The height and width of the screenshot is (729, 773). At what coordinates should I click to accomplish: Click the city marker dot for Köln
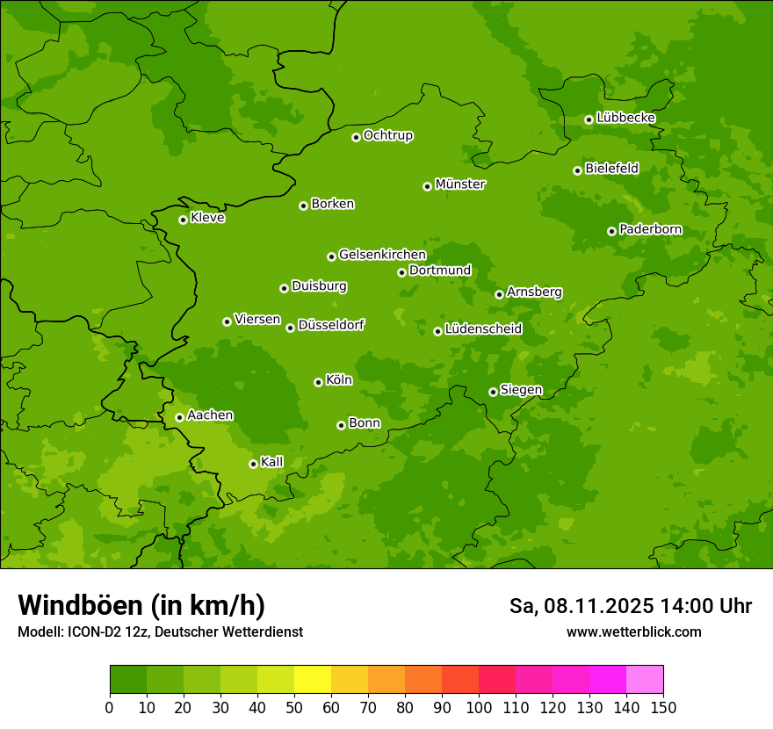(318, 382)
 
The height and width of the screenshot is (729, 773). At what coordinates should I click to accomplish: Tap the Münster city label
(460, 184)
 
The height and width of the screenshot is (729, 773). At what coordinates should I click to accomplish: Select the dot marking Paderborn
(611, 231)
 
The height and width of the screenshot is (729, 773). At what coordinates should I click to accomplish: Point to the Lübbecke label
(625, 118)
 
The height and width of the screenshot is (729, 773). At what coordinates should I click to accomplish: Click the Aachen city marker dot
(179, 417)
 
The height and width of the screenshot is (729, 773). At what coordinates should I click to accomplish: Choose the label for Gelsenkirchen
(382, 255)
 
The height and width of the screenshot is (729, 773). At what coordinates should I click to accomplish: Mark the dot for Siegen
(493, 392)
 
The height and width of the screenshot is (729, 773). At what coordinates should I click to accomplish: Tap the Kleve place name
(207, 218)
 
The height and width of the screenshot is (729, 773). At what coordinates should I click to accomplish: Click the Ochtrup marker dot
(356, 137)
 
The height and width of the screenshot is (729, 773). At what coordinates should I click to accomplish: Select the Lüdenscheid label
(483, 329)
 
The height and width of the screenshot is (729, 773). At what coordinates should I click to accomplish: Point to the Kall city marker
(253, 464)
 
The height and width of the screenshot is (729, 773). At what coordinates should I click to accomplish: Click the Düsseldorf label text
(331, 325)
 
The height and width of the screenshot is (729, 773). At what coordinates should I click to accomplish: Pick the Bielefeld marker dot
(577, 170)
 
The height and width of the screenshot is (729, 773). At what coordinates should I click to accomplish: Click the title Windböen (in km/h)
(141, 605)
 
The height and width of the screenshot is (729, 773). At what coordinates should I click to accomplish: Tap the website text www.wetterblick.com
(633, 632)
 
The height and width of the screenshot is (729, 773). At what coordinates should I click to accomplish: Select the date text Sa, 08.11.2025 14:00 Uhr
(630, 606)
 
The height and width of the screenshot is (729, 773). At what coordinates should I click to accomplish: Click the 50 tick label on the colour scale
(294, 707)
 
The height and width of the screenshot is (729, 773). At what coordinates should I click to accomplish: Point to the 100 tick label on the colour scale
(479, 707)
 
